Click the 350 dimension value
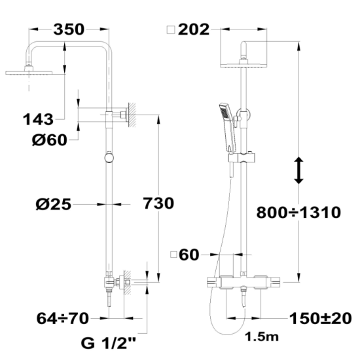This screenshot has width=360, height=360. point(69,29)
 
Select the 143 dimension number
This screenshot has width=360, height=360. point(38,119)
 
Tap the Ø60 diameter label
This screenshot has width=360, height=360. point(50,139)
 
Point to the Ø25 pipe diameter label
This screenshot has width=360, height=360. point(54,204)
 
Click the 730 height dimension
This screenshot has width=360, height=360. point(158,203)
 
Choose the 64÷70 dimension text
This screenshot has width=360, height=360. point(62,318)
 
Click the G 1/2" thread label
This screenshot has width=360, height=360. point(109,343)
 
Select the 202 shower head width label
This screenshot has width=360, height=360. point(194,29)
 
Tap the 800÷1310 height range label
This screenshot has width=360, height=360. point(298,212)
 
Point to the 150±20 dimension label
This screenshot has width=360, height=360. point(321,319)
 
